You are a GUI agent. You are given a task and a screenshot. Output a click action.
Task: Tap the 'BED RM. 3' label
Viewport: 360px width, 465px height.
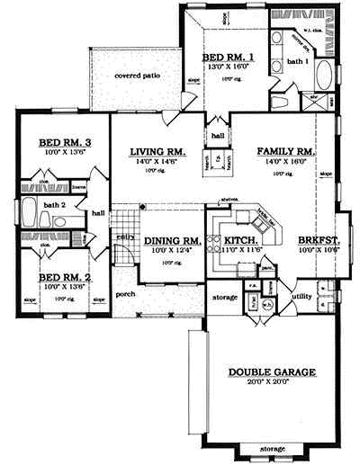point(61,142)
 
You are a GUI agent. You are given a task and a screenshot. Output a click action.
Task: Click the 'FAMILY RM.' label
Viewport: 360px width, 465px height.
point(284,151)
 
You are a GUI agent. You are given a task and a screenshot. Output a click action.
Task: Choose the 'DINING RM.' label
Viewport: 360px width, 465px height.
point(170,241)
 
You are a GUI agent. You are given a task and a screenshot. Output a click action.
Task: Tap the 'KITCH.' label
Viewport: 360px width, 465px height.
point(241,241)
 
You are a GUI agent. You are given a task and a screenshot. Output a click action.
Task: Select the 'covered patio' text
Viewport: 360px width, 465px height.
point(137,76)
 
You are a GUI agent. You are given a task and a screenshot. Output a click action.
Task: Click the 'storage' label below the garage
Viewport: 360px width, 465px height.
point(274,448)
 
